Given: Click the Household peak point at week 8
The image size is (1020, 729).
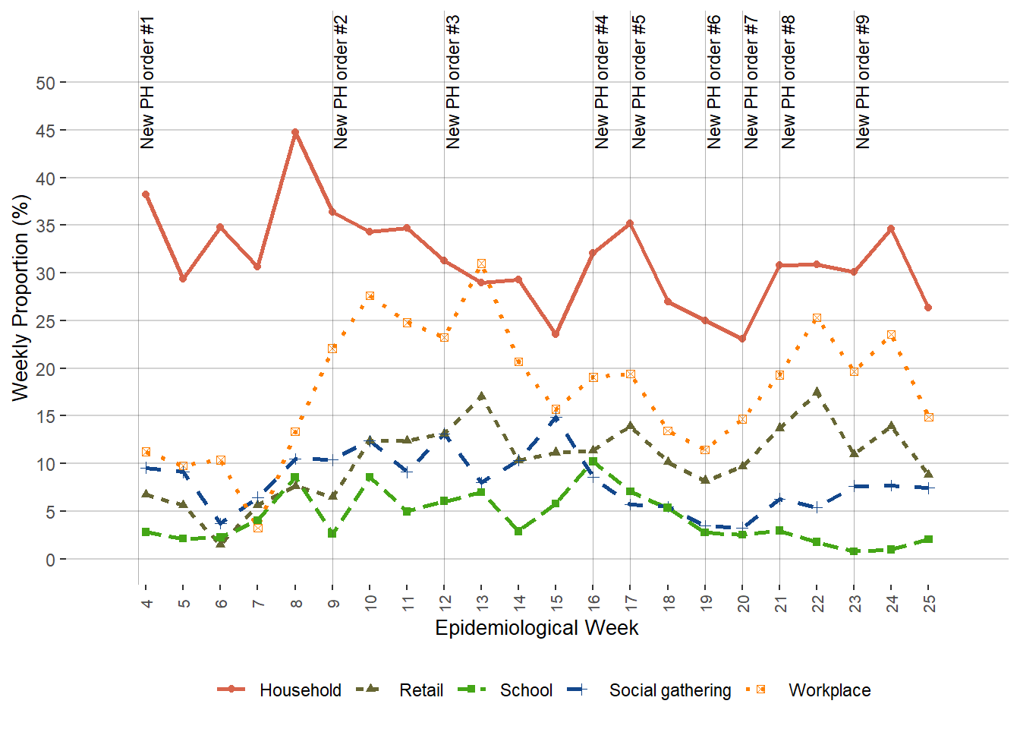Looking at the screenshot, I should click(295, 132).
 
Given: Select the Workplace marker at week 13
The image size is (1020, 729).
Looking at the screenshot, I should click(481, 264).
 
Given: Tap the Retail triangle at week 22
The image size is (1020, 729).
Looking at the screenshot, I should click(817, 392).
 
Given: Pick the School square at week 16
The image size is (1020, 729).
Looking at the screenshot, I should click(593, 462).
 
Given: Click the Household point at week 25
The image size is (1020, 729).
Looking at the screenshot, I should click(928, 308).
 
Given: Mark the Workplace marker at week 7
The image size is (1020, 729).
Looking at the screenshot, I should click(258, 528).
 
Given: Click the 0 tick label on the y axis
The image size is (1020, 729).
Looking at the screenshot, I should click(51, 560).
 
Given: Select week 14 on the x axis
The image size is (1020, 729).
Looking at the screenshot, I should click(519, 603).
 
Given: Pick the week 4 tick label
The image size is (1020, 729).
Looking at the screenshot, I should click(146, 603).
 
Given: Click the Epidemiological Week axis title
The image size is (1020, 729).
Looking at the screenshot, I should click(537, 628).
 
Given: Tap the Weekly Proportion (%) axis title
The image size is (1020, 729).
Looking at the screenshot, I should click(20, 298).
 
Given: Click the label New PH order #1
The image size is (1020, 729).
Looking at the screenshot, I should click(147, 82).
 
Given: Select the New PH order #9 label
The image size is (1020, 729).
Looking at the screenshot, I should click(863, 82).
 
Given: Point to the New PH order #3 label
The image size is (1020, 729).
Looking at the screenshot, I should click(453, 82).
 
